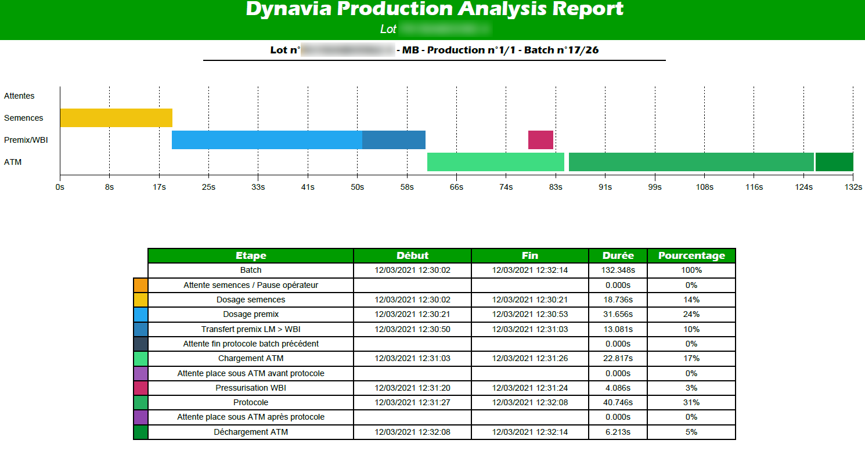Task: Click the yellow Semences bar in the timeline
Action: [116, 118]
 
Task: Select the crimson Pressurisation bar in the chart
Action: [540, 140]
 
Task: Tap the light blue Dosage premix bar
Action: [267, 140]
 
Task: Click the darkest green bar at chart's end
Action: [834, 162]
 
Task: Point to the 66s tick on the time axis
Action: [456, 187]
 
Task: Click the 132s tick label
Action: [853, 187]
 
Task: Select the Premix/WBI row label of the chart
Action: [26, 140]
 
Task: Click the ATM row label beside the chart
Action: [13, 162]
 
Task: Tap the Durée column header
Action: [618, 255]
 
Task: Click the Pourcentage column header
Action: [691, 255]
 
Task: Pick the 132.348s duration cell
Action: [618, 270]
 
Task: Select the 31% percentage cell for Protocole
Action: [691, 402]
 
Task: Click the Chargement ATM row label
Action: [251, 358]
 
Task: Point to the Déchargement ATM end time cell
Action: [529, 432]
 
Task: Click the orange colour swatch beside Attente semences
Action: [140, 285]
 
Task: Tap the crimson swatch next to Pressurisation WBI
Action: [140, 388]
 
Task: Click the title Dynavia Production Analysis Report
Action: [434, 9]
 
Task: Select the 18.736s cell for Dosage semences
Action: [618, 300]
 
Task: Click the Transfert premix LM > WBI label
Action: [251, 329]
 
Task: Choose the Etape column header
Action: [251, 255]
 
